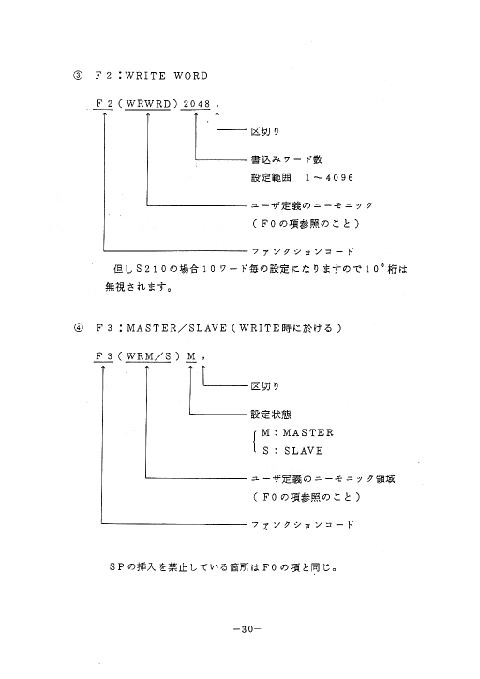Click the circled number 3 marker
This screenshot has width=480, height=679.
click(x=78, y=76)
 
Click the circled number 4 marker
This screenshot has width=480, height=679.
click(x=78, y=328)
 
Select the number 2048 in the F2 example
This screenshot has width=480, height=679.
click(x=197, y=104)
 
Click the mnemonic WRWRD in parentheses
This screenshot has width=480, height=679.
click(x=148, y=104)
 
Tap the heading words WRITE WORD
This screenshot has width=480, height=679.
click(x=167, y=76)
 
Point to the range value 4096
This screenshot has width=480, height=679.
click(x=339, y=178)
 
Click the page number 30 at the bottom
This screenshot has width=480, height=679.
click(x=247, y=629)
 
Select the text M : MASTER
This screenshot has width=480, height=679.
click(x=297, y=432)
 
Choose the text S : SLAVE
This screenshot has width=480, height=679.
click(x=292, y=451)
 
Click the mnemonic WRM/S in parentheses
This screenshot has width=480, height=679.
click(x=148, y=356)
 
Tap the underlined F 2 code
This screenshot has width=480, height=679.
click(x=104, y=104)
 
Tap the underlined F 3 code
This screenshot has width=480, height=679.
click(x=104, y=356)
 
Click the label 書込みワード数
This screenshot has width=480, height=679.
click(x=287, y=159)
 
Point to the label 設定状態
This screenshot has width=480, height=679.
click(x=271, y=415)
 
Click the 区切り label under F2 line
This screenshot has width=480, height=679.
click(x=265, y=131)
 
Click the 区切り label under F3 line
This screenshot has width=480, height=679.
click(x=265, y=385)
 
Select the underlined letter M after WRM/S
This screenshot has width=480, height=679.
click(x=191, y=356)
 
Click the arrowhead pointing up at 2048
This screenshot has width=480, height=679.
click(x=196, y=115)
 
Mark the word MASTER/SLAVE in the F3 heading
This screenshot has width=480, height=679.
click(x=176, y=328)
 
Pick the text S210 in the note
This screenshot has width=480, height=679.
click(x=152, y=269)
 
